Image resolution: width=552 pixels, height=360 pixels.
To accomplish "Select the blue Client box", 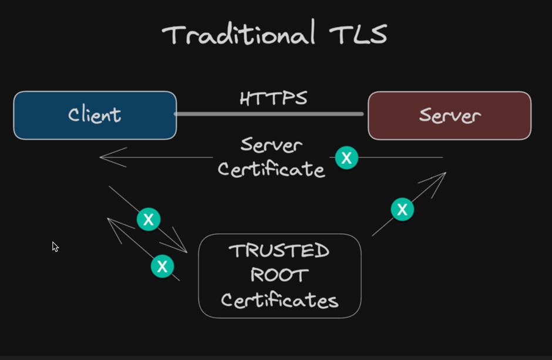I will click(x=95, y=115).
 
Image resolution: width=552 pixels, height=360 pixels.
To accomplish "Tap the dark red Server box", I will click(x=449, y=115).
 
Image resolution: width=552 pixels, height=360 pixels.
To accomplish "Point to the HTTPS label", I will click(x=273, y=98).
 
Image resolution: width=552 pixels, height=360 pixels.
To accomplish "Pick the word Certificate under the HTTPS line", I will click(x=271, y=169).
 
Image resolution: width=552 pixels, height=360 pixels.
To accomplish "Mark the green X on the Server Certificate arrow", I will click(x=346, y=157).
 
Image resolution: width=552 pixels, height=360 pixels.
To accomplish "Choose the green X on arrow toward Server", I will click(x=402, y=208).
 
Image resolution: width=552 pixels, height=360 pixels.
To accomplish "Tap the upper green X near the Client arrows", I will click(x=149, y=219).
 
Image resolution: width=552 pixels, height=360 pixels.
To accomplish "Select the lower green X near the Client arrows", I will click(x=163, y=266).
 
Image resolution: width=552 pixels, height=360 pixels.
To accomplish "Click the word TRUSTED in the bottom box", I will click(x=279, y=251).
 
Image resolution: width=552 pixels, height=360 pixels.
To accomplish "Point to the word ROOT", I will click(x=279, y=275).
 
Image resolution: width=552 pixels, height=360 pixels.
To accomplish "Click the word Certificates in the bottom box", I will click(x=280, y=300).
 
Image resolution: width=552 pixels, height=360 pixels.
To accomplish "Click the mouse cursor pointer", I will click(x=55, y=247).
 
